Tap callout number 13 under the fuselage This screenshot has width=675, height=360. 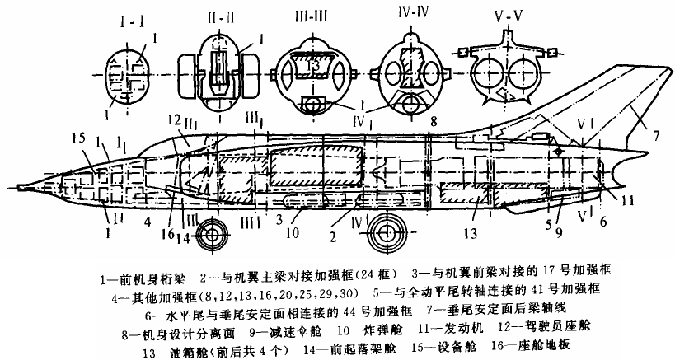pyautogui.click(x=471, y=232)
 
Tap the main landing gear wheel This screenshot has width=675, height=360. pyautogui.click(x=387, y=232)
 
